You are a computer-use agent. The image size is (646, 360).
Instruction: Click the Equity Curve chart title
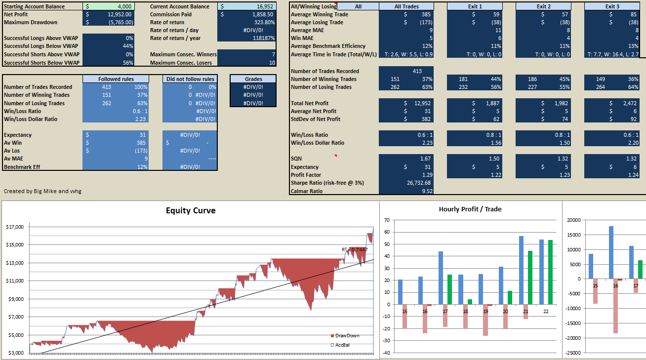(x=191, y=210)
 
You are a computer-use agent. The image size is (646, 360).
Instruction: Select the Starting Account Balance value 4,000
(x=124, y=6)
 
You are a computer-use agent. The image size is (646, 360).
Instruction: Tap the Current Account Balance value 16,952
(x=265, y=6)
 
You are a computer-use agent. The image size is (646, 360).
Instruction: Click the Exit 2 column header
(x=543, y=6)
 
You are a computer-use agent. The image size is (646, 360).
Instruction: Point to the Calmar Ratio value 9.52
(x=427, y=191)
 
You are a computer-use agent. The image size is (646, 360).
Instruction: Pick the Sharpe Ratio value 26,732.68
(x=419, y=183)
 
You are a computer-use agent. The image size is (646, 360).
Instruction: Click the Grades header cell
(x=253, y=79)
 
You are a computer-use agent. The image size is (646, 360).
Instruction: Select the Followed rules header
(x=116, y=79)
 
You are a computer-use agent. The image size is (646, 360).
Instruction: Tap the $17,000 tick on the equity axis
(x=15, y=227)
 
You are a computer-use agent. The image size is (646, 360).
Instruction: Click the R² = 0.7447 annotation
(x=355, y=249)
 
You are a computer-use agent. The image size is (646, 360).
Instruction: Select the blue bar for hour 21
(x=522, y=270)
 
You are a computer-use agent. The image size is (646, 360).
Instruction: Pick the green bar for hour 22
(x=550, y=272)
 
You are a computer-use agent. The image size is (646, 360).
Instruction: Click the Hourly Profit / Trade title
(x=470, y=209)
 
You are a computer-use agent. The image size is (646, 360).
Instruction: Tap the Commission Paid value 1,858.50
(x=263, y=14)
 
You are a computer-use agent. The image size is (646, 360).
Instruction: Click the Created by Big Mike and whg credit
(x=42, y=191)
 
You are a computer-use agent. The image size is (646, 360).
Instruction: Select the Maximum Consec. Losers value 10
(x=272, y=63)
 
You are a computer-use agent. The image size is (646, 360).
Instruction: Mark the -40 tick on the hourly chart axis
(x=386, y=353)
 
